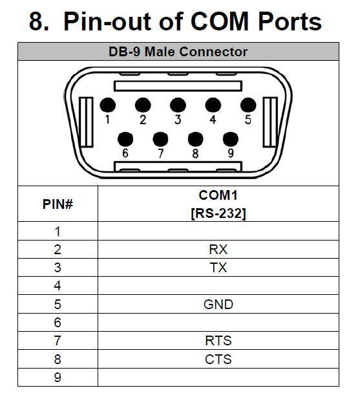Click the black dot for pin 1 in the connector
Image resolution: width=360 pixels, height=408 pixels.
point(108,105)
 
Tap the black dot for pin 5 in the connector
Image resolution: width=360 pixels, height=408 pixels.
point(248,105)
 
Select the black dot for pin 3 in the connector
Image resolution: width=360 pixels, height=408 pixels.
point(178,105)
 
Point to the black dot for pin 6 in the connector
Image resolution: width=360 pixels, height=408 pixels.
point(125,139)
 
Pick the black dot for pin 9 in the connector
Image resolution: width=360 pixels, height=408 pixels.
point(231,139)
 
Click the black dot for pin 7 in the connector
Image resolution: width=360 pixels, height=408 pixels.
point(160,139)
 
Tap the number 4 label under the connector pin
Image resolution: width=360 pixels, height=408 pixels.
point(213,120)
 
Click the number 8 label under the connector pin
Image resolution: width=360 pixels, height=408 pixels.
point(195,153)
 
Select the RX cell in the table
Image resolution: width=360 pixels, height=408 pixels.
point(218,250)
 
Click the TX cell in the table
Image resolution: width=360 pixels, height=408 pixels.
point(218,268)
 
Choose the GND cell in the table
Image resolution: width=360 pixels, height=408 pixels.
point(218,305)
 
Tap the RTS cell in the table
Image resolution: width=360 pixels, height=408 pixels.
point(218,341)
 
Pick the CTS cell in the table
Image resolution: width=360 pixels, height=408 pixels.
point(218,360)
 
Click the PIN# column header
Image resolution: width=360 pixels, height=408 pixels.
point(58,204)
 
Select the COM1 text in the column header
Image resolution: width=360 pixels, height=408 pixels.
point(218,195)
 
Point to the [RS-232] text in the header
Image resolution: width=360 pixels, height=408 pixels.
point(218,213)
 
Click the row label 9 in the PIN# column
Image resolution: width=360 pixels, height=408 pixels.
point(58,378)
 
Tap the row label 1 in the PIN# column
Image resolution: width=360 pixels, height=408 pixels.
point(58,231)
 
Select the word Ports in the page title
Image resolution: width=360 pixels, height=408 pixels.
point(290,21)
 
